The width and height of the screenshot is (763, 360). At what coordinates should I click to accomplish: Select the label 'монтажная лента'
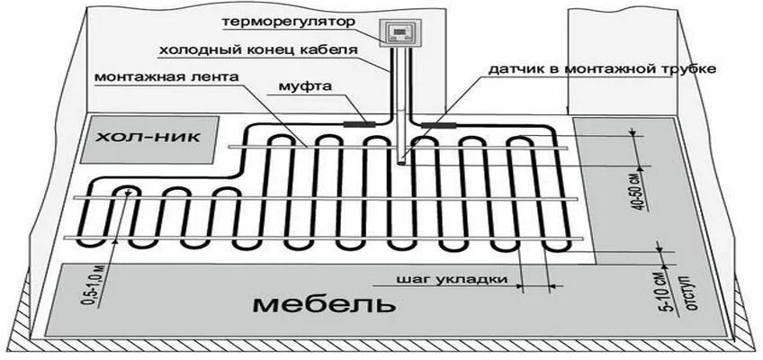[x=166, y=77]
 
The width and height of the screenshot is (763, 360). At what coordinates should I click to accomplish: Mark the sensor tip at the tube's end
[x=399, y=162]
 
